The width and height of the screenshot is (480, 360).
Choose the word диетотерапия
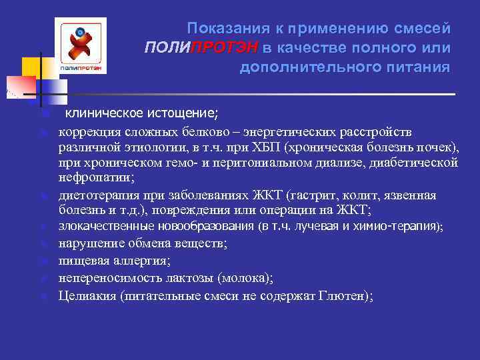pos(99,195)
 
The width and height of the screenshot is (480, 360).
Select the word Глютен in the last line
pos(341,293)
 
